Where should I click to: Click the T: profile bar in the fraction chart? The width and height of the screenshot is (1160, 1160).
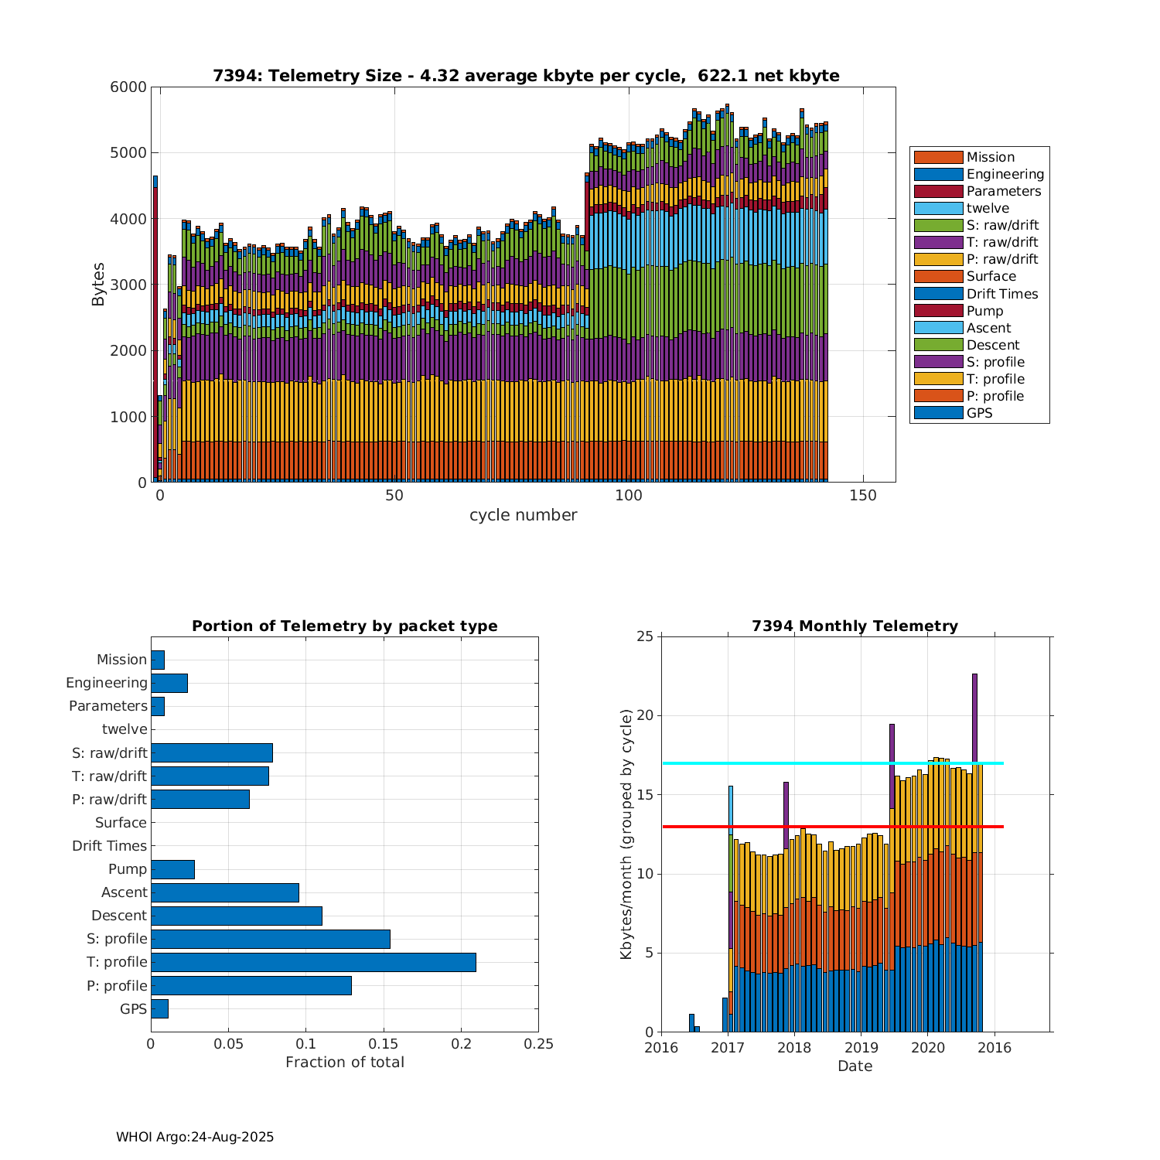point(313,962)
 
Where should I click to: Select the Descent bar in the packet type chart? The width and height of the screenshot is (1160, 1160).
point(236,916)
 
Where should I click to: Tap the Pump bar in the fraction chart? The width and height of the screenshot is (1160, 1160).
point(172,869)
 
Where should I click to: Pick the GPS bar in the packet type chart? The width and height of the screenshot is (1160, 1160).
point(159,1008)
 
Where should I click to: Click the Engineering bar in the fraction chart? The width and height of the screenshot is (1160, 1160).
point(169,683)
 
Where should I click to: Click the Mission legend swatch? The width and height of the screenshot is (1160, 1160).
point(938,157)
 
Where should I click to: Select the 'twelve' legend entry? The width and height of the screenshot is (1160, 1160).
point(988,208)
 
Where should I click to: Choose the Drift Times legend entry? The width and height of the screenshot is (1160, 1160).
point(1001,294)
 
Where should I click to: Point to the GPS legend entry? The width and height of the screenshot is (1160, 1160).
point(979,413)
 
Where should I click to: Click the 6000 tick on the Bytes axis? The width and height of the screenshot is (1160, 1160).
point(128,87)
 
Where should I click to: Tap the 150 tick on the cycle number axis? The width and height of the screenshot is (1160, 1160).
point(862,496)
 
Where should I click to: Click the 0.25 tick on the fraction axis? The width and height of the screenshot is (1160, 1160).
point(538,1044)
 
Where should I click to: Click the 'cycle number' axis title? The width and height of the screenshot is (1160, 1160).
point(523,515)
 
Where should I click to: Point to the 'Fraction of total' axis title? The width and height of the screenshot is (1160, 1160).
point(345,1063)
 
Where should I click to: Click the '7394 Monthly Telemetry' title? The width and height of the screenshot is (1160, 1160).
point(855,626)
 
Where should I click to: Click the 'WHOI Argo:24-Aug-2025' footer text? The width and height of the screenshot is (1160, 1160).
point(195,1137)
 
